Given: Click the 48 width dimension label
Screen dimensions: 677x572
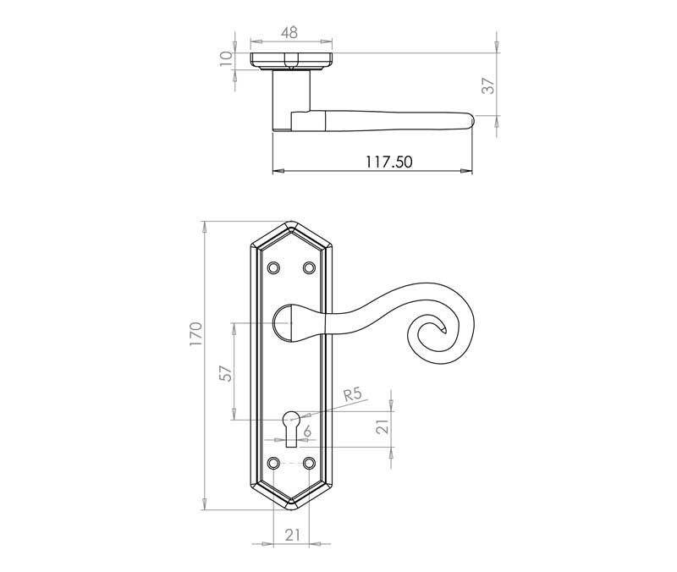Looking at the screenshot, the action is tap(289, 32).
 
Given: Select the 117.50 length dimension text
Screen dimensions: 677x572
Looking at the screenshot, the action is tap(389, 162).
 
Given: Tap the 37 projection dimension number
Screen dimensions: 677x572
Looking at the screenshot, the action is tap(488, 86).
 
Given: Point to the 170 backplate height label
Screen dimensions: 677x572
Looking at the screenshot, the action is tap(195, 333).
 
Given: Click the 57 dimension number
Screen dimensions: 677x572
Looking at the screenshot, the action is tap(226, 373).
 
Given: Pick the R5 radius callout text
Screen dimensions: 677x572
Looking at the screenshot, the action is tap(352, 394).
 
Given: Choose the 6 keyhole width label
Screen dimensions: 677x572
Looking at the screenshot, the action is tap(307, 432).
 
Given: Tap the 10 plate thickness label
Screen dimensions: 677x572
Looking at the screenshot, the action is tap(226, 58).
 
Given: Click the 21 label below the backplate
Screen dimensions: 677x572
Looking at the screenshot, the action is tap(292, 536).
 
